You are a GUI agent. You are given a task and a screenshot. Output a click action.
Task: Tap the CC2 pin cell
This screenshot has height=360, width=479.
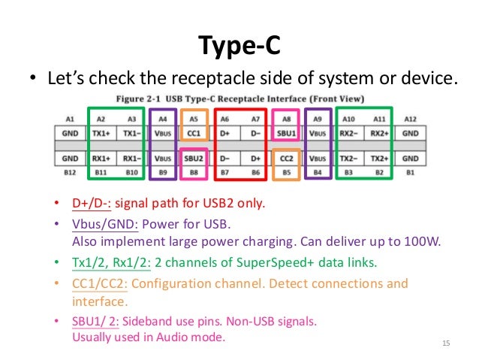pos(286,159)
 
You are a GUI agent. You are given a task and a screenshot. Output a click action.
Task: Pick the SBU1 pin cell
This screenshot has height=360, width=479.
pos(286,133)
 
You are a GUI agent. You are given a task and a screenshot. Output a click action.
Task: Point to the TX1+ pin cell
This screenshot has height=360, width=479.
pos(101,133)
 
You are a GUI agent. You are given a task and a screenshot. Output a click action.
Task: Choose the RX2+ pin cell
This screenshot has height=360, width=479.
pos(380,133)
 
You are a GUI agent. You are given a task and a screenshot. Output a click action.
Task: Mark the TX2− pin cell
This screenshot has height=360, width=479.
pos(348,159)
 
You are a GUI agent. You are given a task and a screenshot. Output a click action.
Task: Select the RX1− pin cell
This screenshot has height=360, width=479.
pos(132,159)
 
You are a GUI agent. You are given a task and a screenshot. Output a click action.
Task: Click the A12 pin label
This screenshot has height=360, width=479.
pos(411,119)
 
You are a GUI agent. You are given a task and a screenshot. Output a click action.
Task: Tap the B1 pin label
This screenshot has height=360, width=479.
pos(411,173)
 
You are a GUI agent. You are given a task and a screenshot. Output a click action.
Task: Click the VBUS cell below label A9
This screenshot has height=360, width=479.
pos(318,133)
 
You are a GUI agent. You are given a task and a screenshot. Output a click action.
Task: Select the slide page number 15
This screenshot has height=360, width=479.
pos(446,343)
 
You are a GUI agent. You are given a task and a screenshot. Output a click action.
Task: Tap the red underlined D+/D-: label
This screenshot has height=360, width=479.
pos(92,203)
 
